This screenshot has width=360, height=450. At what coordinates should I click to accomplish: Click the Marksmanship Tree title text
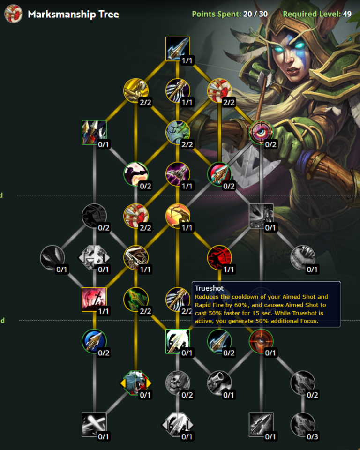73,14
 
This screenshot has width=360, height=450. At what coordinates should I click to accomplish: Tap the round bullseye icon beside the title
14,14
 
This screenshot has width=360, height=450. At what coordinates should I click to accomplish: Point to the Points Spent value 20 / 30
255,14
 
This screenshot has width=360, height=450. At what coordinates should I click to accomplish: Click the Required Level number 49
347,14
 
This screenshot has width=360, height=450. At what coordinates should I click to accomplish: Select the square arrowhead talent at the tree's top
178,49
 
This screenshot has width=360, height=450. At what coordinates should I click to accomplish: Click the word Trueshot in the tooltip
209,288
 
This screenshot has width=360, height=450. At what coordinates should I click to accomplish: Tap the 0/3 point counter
312,437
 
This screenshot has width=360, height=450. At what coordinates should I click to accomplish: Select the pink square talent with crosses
94,300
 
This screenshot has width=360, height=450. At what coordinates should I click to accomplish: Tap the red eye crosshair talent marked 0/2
261,133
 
